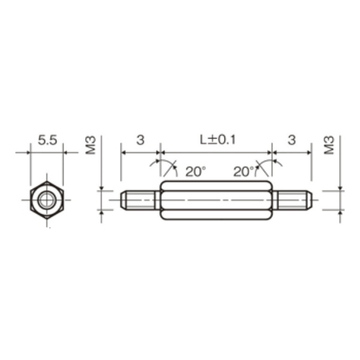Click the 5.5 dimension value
coord(47,140)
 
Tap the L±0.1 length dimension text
coord(218,140)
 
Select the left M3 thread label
coord(91,145)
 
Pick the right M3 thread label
coord(329,145)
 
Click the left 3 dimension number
coord(140,140)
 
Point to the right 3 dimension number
coord(292,140)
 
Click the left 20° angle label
coord(196,172)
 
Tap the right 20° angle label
coord(244,172)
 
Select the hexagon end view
coord(47,200)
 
